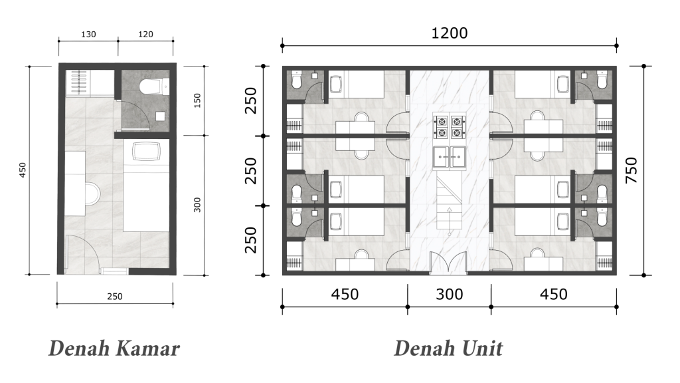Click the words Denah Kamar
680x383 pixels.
(x=114, y=348)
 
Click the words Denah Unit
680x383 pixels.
(x=448, y=348)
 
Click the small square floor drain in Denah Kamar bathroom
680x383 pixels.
(x=159, y=116)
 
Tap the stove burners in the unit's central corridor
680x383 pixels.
(x=449, y=127)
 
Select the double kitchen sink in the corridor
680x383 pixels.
(x=449, y=158)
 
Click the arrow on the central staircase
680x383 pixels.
(x=449, y=211)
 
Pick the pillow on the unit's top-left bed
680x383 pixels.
(x=335, y=84)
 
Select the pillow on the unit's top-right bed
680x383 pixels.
(x=563, y=84)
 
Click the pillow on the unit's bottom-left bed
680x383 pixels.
(x=335, y=222)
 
